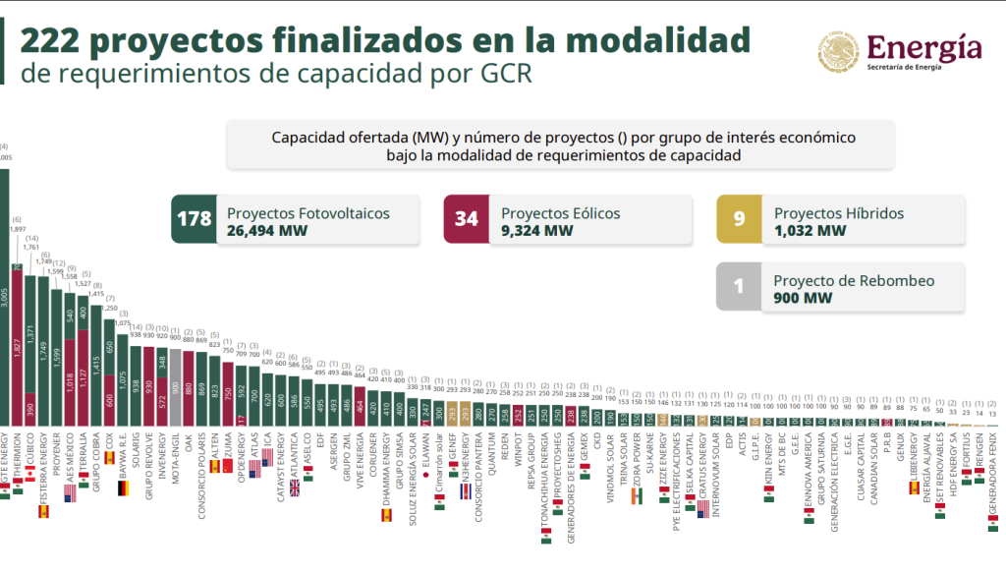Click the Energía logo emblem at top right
pos(839,51)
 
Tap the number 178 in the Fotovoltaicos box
pos(194,218)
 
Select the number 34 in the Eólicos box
pos(466,218)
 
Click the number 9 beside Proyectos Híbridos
pos(740,218)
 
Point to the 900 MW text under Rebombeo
pos(803,298)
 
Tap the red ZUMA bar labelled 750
pos(227,393)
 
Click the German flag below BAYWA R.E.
pos(123,488)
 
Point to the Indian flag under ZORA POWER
pos(637,497)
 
